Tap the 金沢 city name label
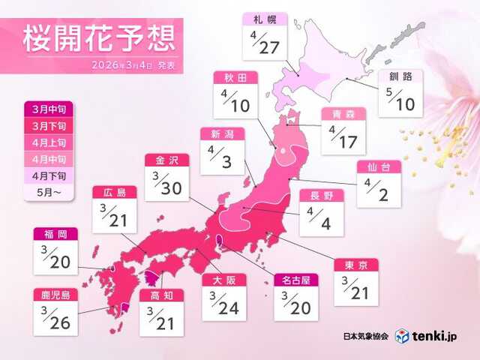[x=166, y=160]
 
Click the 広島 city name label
[x=115, y=193]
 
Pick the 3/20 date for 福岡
[x=55, y=258]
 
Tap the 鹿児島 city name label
[x=55, y=295]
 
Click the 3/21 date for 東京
[x=355, y=289]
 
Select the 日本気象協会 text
[x=365, y=335]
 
